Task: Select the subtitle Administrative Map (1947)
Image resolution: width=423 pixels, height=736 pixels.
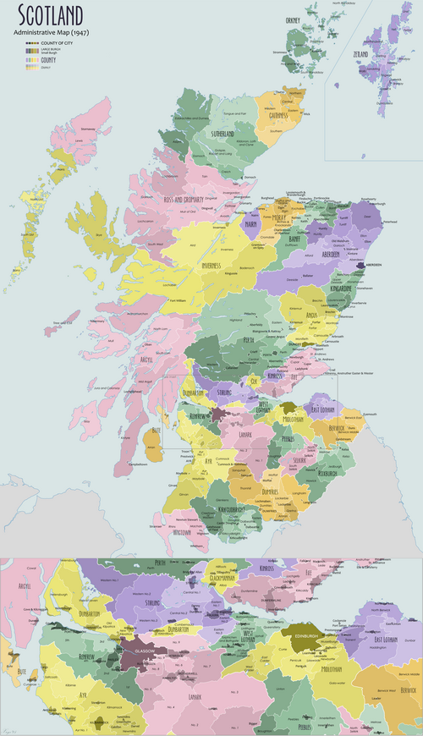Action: (x=58, y=31)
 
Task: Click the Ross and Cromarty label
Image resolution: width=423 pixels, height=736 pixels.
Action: (x=187, y=200)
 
